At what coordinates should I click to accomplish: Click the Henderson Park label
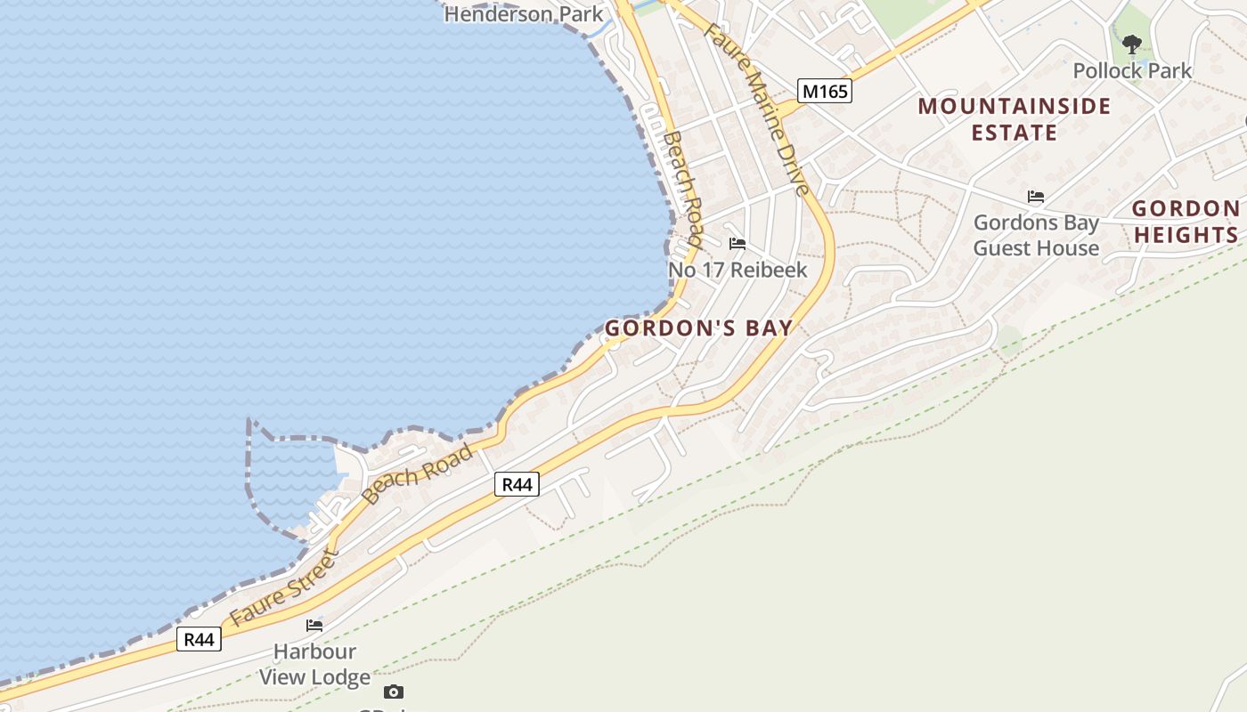pos(524,14)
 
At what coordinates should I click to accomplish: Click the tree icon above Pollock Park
pos(1132,43)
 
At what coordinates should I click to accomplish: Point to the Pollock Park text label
pos(1132,70)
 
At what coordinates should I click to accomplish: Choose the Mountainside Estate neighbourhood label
pos(1015,119)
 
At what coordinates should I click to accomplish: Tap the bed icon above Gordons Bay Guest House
pos(1036,197)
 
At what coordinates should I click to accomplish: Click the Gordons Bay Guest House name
pos(1036,235)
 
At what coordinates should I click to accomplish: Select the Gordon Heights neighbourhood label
pos(1186,222)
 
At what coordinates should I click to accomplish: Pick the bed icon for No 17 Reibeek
pos(738,244)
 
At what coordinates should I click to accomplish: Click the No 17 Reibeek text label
pos(738,270)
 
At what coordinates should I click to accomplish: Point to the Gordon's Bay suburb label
pos(698,328)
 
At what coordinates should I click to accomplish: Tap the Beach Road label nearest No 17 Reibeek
pos(684,189)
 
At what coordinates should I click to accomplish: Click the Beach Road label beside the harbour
pos(418,473)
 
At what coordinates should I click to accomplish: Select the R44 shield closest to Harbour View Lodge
pos(199,639)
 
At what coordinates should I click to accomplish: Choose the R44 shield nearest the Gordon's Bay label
pos(517,484)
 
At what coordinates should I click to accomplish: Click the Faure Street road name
pos(284,588)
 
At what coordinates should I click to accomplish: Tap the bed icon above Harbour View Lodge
pos(314,626)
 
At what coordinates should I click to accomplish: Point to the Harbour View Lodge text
pos(314,665)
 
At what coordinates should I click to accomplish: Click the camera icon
pos(394,692)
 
